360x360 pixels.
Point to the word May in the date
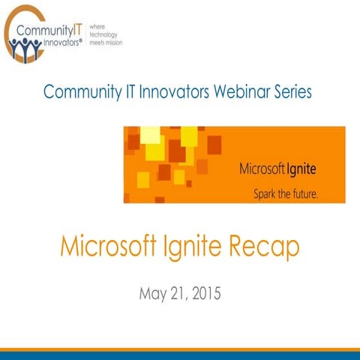[x=154, y=292]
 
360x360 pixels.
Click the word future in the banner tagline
[x=304, y=190]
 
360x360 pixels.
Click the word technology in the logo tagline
[x=103, y=34]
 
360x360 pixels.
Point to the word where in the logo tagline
[x=98, y=26]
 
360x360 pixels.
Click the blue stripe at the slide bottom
[x=180, y=355]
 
